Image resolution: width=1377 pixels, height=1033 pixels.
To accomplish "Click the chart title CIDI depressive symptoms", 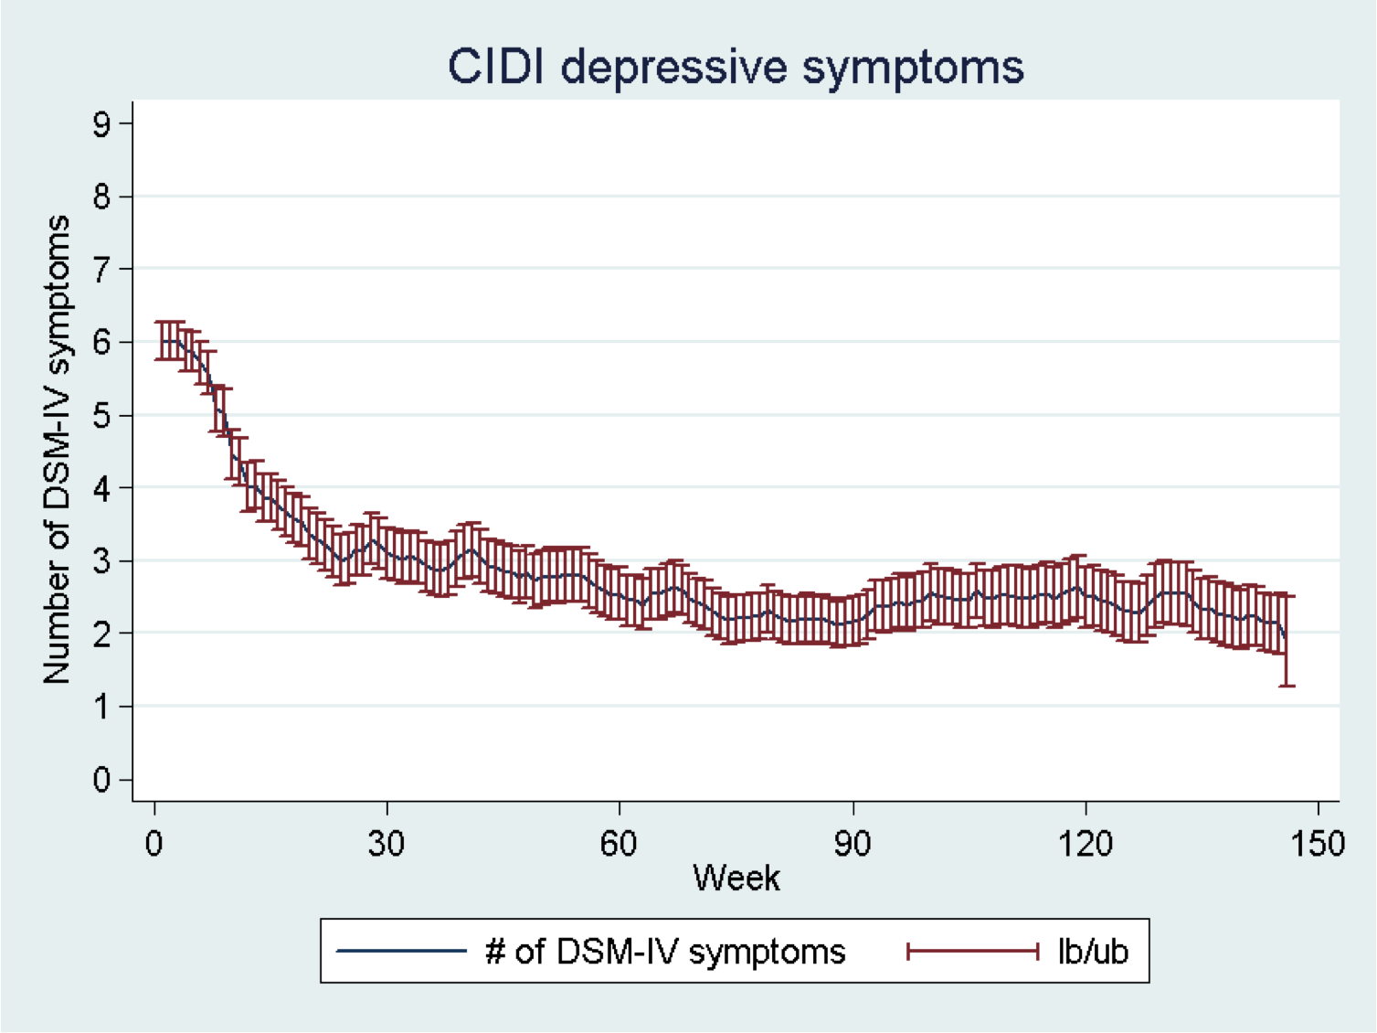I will [736, 67].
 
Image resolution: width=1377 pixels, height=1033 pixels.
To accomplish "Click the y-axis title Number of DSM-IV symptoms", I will [57, 450].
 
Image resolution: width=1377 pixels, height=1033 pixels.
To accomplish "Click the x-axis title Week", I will [736, 878].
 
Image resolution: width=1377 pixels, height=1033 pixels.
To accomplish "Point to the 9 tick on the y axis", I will [101, 123].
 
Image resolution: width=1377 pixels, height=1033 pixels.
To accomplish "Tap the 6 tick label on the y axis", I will [101, 342].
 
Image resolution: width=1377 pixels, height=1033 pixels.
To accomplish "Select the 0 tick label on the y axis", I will [101, 780].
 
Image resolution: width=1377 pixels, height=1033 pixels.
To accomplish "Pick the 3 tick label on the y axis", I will [101, 560].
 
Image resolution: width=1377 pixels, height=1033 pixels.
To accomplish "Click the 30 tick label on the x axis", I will [387, 843].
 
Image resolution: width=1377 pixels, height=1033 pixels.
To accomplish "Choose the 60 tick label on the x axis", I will [619, 843].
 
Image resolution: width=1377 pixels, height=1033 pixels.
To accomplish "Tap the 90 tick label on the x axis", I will [853, 843].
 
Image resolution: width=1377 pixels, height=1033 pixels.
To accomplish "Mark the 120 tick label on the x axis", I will [1086, 843].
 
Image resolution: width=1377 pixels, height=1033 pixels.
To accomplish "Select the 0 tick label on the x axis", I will [154, 843].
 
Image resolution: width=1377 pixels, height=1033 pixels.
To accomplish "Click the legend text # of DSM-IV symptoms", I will [665, 952].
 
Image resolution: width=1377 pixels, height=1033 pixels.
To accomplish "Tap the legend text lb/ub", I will [1093, 952].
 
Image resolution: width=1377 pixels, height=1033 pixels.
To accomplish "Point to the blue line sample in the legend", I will [402, 952].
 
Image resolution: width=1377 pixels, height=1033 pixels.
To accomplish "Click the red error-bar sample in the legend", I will [972, 952].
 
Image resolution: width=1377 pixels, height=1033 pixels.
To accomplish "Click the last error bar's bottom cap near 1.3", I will [1287, 686].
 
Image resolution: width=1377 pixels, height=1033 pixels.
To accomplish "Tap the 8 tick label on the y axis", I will [101, 197].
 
